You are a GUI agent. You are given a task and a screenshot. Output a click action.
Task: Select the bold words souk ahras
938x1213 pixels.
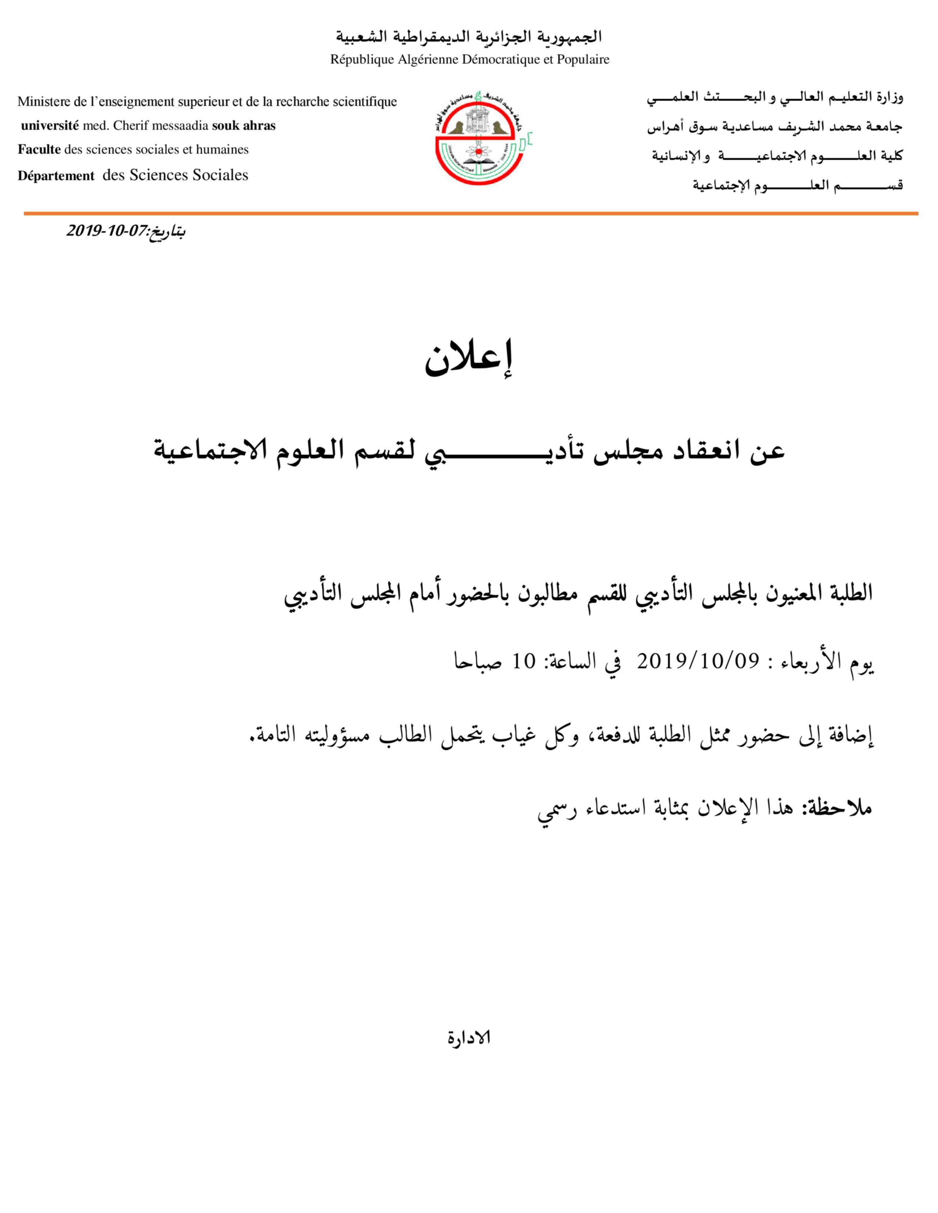tap(244, 126)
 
